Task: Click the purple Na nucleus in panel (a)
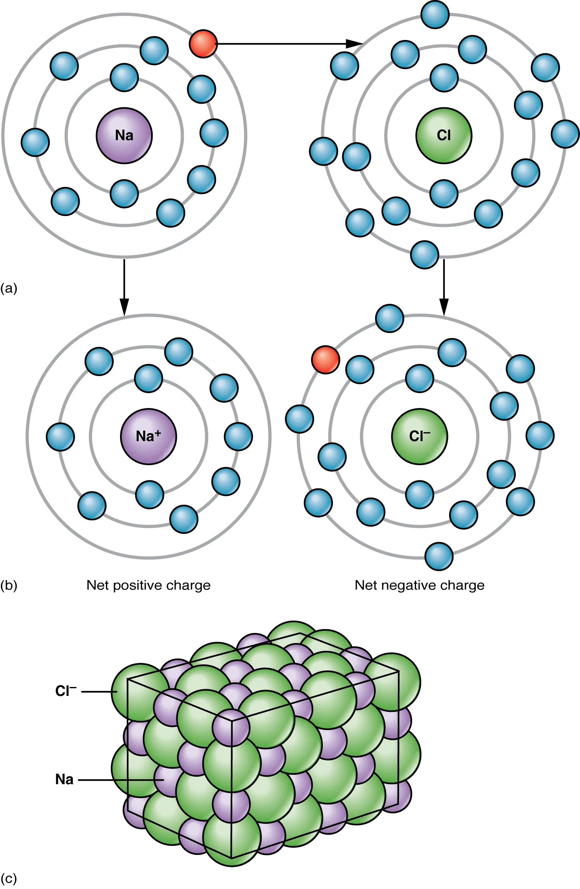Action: (x=124, y=135)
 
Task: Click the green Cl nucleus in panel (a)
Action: (x=444, y=135)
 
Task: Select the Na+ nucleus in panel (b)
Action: (x=148, y=436)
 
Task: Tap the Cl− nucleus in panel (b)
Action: (x=420, y=436)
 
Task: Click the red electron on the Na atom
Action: (x=203, y=44)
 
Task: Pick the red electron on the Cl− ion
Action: (x=326, y=360)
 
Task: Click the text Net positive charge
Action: (x=148, y=585)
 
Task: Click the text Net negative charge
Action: (x=420, y=585)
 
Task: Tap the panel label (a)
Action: (x=9, y=288)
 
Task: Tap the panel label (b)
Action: (x=9, y=585)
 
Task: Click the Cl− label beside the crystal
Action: (x=65, y=691)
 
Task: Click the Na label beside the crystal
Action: (x=64, y=779)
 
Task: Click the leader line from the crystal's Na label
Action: (x=117, y=780)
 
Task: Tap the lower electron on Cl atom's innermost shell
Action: (x=444, y=193)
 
